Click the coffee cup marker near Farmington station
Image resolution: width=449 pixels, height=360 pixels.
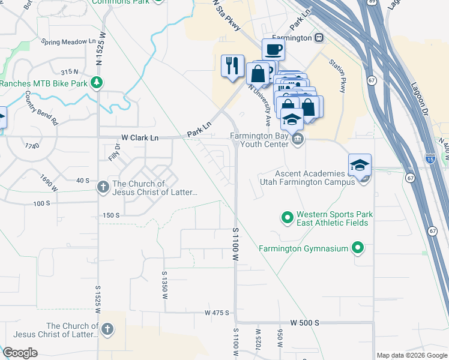click(x=273, y=49)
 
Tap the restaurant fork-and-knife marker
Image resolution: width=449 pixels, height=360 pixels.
click(x=232, y=65)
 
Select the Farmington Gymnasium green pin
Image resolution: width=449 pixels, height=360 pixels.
click(x=358, y=247)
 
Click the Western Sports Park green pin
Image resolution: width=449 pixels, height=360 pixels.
click(x=287, y=217)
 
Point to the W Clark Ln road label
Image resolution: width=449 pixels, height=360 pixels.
click(x=140, y=138)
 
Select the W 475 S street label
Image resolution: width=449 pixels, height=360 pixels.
click(x=217, y=313)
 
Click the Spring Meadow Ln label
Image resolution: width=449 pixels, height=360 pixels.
click(x=69, y=42)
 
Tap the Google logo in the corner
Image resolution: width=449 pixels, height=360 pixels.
click(x=20, y=353)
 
